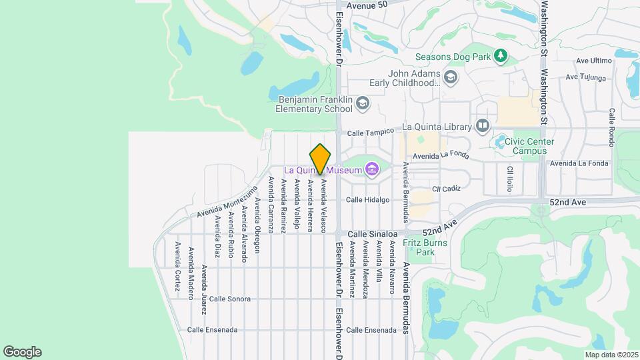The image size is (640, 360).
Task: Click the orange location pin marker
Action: [321, 159]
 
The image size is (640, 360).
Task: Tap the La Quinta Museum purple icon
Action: [372, 171]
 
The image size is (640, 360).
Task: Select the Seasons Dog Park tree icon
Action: [501, 57]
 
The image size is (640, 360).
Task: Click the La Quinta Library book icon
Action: [483, 126]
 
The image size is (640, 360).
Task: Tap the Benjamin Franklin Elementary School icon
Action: [362, 103]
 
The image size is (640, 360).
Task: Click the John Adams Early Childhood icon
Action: [451, 78]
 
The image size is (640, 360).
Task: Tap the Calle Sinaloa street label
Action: [373, 234]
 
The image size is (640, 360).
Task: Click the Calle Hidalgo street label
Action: [367, 199]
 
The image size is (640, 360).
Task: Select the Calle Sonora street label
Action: [229, 299]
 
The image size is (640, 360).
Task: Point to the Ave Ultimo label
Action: [593, 61]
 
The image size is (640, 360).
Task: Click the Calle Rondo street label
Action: [611, 128]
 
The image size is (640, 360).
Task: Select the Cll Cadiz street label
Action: [446, 189]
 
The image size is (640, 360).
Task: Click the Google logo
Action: [22, 352]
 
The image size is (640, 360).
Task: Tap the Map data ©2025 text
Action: [611, 355]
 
